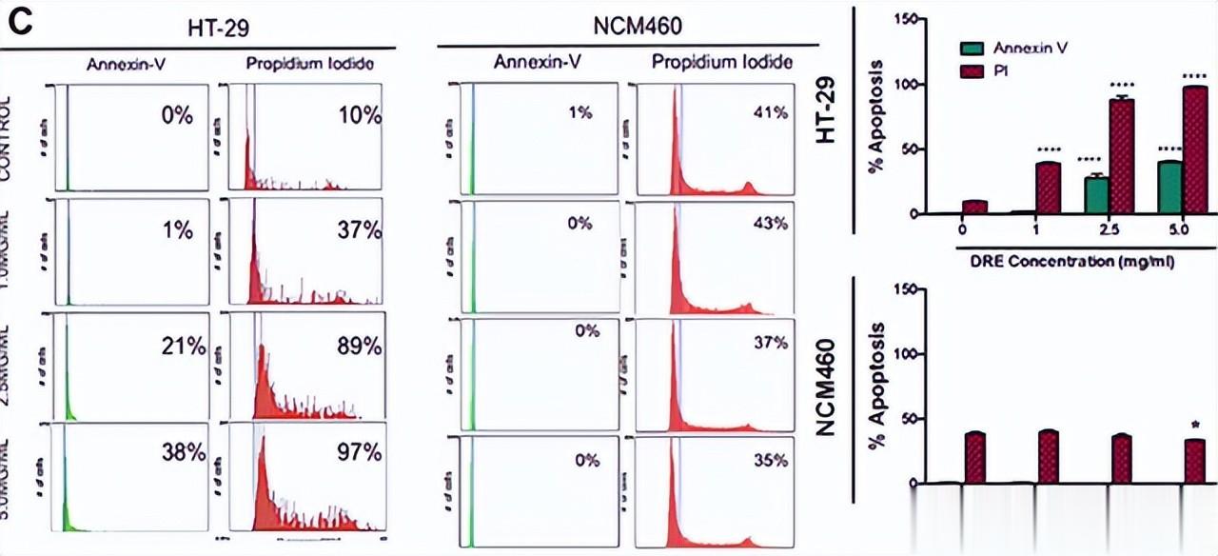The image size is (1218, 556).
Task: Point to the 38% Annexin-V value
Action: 185,453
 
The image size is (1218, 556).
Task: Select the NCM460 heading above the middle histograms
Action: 629,30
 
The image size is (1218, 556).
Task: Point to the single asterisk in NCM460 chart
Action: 1195,426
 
